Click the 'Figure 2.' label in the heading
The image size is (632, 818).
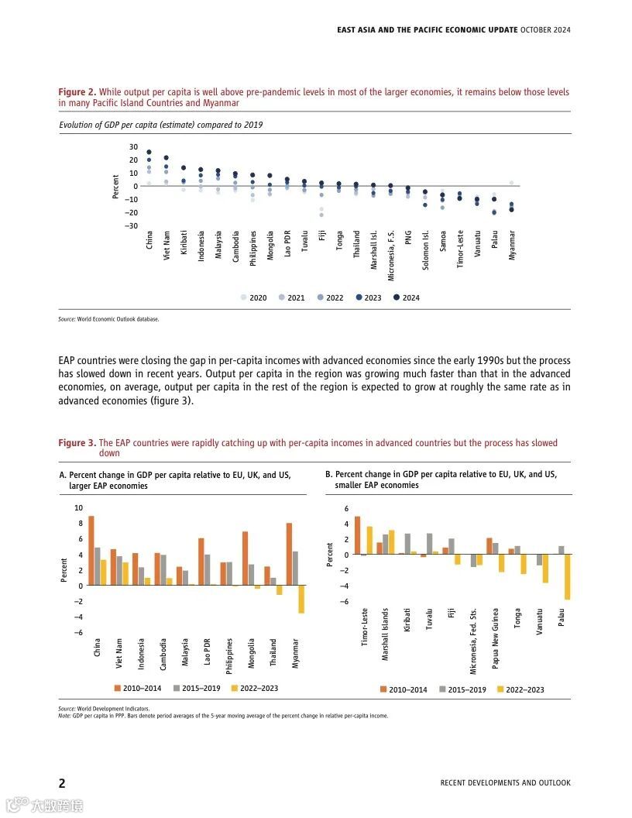pos(77,92)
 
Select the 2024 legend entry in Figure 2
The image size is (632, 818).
pos(405,297)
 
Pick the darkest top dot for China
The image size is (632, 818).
pos(149,153)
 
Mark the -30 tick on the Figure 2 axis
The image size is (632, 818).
pos(132,225)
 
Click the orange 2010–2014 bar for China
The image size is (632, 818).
pos(91,550)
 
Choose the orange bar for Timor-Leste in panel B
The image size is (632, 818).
pos(358,535)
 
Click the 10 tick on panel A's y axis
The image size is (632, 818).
pos(77,508)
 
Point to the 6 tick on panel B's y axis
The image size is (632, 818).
pos(346,508)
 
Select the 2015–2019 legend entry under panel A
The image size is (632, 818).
pos(196,688)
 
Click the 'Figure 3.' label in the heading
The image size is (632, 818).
pos(77,443)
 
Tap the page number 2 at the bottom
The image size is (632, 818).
pos(62,782)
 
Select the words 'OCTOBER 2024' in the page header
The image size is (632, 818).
pos(545,30)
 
